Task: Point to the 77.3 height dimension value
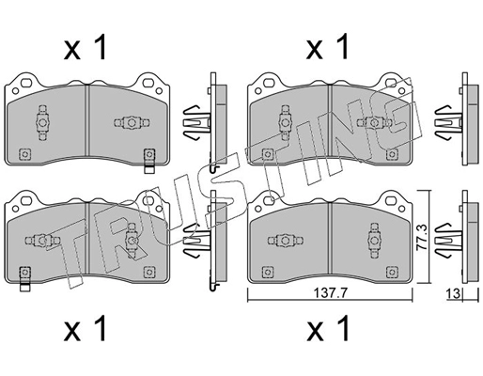433,231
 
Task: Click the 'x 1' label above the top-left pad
86,47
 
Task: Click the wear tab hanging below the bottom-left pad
26,277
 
